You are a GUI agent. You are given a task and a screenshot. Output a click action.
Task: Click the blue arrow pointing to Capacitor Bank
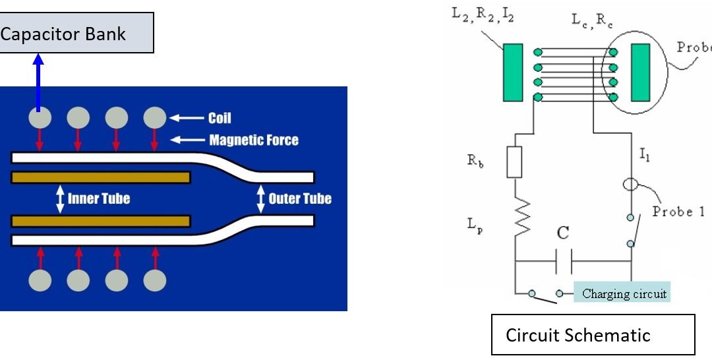click(38, 82)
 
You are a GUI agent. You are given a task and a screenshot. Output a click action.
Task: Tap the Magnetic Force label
click(253, 140)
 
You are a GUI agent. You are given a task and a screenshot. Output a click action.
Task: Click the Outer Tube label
click(299, 198)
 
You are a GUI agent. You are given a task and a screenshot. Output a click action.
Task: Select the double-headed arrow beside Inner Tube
click(60, 198)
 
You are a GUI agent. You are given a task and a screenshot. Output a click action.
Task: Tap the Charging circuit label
click(622, 293)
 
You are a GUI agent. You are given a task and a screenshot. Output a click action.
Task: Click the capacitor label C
click(563, 233)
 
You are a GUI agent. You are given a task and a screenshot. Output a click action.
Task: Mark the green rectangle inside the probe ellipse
click(640, 73)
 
